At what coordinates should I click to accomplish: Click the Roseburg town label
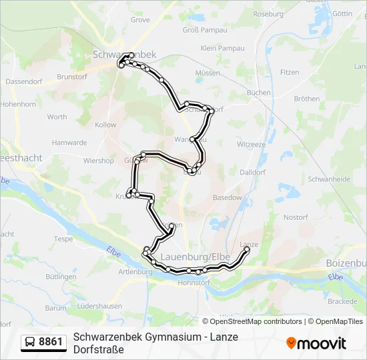[268, 13]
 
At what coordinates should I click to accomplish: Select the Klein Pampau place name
[222, 48]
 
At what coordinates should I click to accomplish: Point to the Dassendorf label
[23, 81]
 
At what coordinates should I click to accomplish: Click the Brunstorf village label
[73, 77]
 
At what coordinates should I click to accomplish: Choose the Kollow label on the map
[105, 125]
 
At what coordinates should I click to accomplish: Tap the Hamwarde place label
[69, 143]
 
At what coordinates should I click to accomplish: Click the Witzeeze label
[252, 144]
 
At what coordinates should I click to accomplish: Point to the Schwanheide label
[329, 179]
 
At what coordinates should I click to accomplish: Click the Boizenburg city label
[346, 263]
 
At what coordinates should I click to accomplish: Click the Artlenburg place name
[131, 272]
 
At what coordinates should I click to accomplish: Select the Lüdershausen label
[100, 306]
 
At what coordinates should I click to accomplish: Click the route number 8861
[51, 342]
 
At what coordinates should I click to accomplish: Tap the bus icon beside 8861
[30, 342]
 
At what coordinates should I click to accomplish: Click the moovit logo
[316, 343]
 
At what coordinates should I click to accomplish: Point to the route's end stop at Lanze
[248, 251]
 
